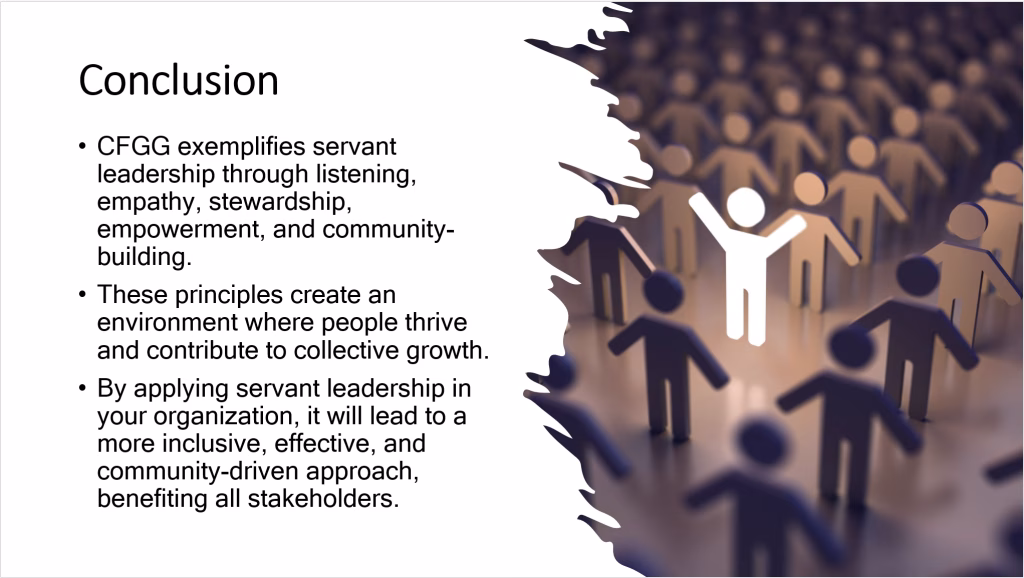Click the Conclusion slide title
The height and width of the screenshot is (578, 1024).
click(178, 80)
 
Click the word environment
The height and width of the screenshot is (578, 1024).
click(165, 324)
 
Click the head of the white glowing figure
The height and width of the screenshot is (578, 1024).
click(745, 207)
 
